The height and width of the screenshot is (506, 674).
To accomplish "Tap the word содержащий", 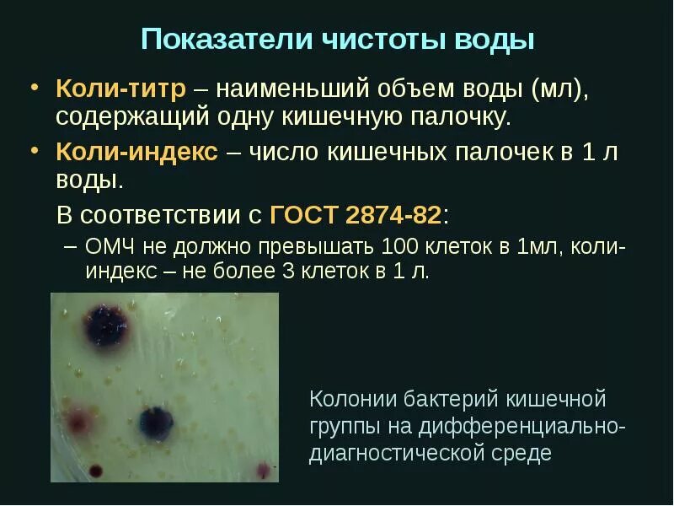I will pyautogui.click(x=127, y=116).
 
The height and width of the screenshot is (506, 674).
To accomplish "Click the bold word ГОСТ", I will pyautogui.click(x=304, y=214).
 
